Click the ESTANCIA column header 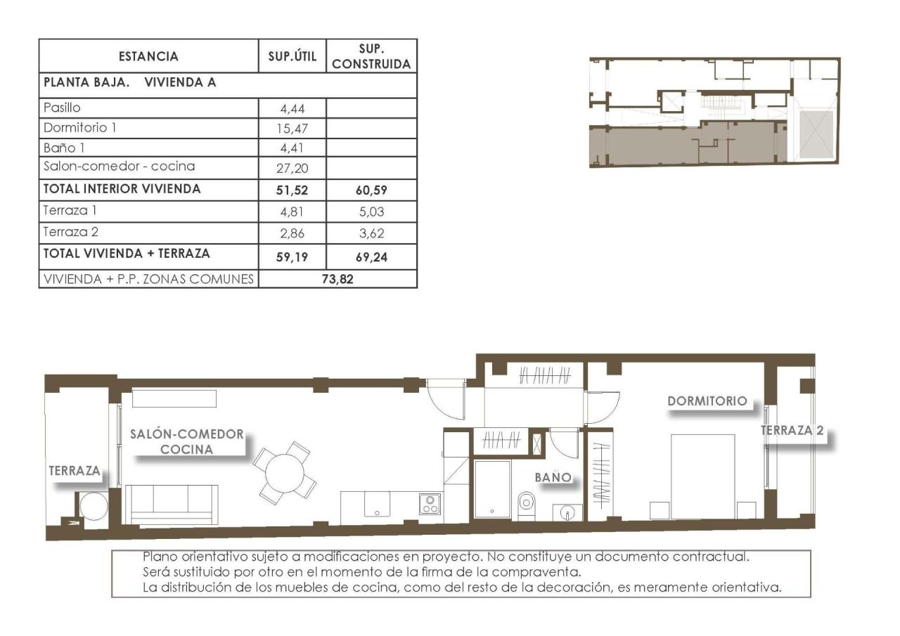[x=148, y=56]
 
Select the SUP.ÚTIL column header [x=292, y=56]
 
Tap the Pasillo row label [x=62, y=108]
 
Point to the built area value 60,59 [x=372, y=189]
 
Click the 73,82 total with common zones [x=337, y=278]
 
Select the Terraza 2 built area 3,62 [x=372, y=232]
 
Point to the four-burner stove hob [x=430, y=504]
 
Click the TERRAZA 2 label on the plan [x=792, y=431]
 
